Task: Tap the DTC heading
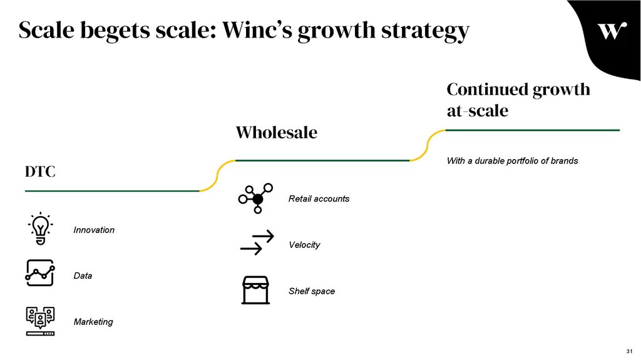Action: (40, 171)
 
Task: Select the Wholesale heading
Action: (276, 133)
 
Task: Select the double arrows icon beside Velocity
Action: (257, 243)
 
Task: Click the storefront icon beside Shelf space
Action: (257, 290)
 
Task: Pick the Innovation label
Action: (94, 230)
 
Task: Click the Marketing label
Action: (93, 322)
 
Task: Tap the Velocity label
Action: (304, 245)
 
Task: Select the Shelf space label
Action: (312, 291)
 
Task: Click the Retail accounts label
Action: (319, 198)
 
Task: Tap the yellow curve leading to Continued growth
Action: (427, 145)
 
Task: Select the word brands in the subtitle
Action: (565, 161)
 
